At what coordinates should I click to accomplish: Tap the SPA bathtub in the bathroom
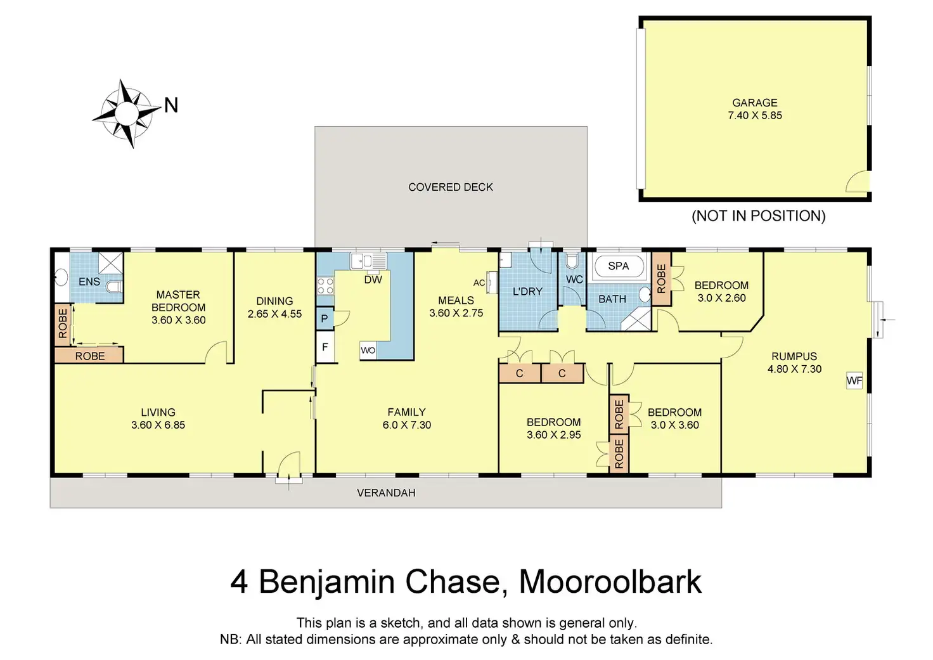coord(619,266)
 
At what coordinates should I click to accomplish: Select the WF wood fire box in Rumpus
coord(854,380)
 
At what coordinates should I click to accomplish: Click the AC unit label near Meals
coord(479,283)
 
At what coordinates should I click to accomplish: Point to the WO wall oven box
coord(368,351)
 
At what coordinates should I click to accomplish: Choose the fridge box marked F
coord(325,347)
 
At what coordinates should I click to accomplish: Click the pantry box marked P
coord(325,319)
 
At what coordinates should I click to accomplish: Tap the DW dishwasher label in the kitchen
coord(373,280)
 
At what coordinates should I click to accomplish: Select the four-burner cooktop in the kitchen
coord(325,285)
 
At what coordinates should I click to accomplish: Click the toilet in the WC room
coord(572,261)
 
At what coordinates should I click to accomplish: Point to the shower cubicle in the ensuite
coord(110,262)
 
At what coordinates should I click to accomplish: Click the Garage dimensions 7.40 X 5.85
coord(755,115)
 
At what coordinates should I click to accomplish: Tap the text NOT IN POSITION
coord(759,216)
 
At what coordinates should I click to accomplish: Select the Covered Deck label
coord(451,187)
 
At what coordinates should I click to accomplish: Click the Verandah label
coord(386,493)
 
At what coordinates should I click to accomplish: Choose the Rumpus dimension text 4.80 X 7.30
coord(794,369)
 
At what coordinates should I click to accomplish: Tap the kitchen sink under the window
coord(368,261)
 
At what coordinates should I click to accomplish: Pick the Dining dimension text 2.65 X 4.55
coord(274,314)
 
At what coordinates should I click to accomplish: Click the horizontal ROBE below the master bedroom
coord(89,356)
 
